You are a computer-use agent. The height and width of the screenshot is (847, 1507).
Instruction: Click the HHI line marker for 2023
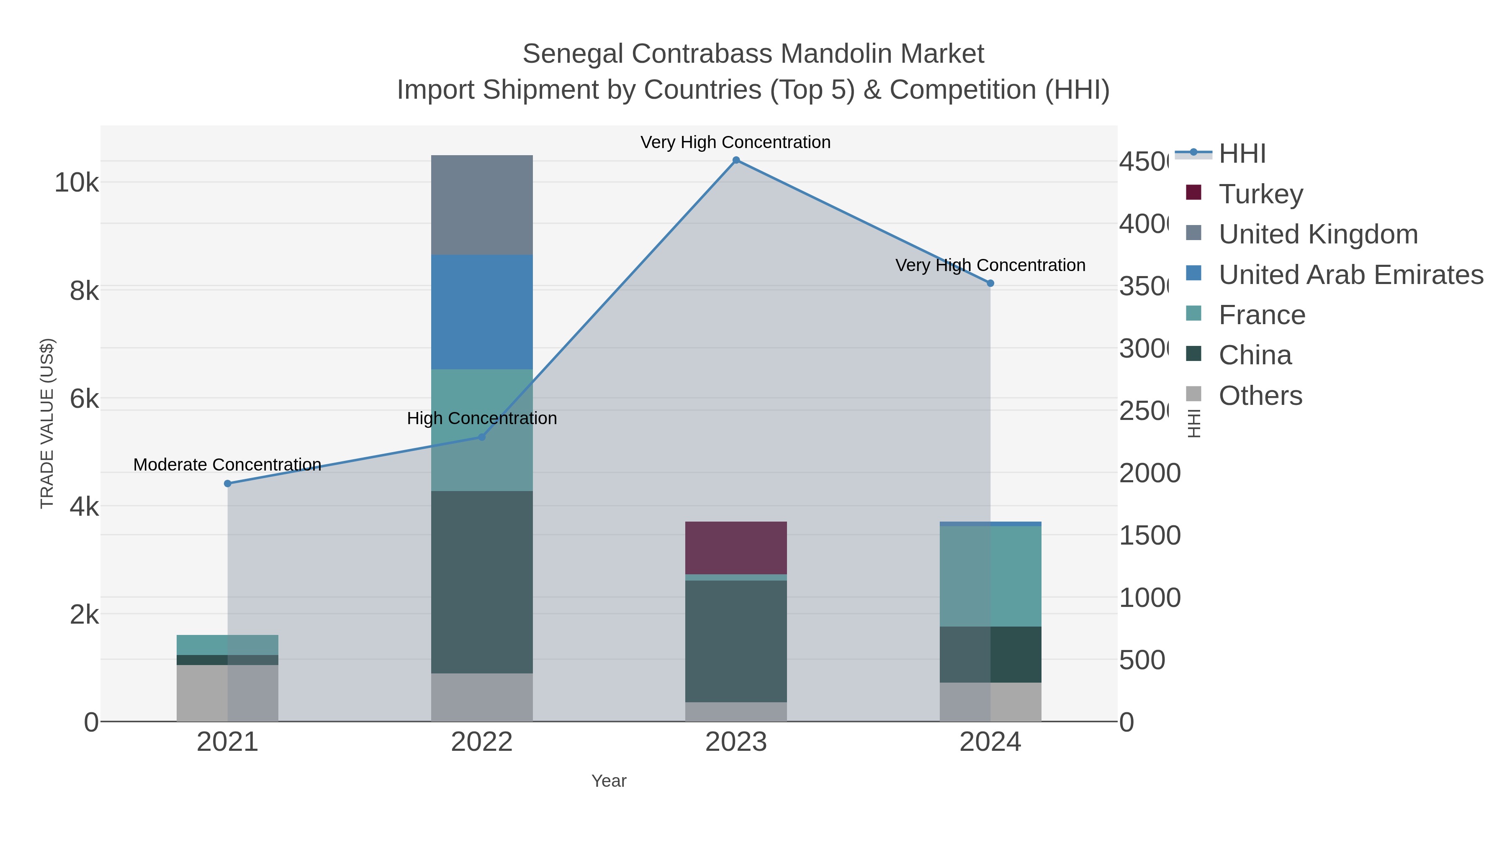736,160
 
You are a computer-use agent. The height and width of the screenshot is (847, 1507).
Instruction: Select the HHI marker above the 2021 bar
228,484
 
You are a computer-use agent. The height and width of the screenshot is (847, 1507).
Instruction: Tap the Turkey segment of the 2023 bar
736,548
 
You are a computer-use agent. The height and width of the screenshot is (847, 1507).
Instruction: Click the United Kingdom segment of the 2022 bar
481,205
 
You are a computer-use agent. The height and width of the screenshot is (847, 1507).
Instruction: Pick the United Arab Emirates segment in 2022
481,312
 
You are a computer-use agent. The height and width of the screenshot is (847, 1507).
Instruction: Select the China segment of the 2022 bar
481,582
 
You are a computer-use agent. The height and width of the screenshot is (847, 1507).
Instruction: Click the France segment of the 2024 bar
990,576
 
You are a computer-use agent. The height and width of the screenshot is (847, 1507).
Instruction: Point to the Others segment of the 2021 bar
228,693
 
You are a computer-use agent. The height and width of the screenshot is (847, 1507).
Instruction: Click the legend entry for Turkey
1261,194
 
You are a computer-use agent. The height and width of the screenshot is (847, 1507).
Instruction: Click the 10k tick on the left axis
77,183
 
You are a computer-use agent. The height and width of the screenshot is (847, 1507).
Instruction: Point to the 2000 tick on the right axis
1150,473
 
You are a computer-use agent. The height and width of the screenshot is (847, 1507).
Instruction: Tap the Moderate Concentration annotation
228,465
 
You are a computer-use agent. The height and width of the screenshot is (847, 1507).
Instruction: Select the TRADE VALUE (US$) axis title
47,423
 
